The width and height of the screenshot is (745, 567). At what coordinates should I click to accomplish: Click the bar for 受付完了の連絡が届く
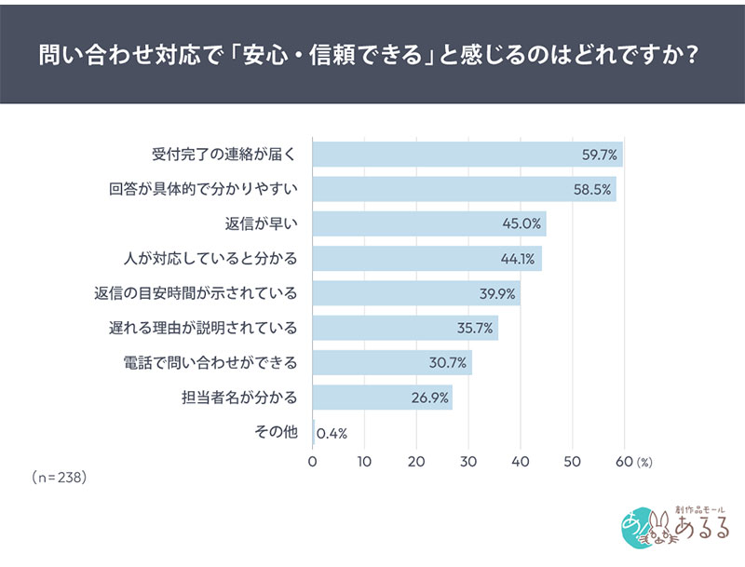(x=466, y=155)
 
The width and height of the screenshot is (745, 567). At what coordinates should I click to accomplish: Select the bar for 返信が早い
(x=428, y=224)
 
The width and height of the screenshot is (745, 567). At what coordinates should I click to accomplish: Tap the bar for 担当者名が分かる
(x=382, y=398)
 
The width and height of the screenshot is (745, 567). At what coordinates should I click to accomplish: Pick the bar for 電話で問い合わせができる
(x=391, y=363)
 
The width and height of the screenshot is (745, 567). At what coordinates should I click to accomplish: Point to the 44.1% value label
(x=520, y=259)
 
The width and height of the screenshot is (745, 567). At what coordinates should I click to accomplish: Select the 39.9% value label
(x=498, y=294)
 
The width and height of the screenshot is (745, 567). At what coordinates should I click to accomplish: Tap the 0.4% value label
(x=332, y=433)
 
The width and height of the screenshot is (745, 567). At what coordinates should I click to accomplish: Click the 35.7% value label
(x=476, y=329)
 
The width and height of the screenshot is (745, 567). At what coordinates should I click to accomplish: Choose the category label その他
(x=276, y=433)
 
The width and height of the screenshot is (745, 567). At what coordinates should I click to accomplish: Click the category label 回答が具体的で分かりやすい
(x=203, y=190)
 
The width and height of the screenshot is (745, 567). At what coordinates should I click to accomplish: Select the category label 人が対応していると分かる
(x=210, y=259)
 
